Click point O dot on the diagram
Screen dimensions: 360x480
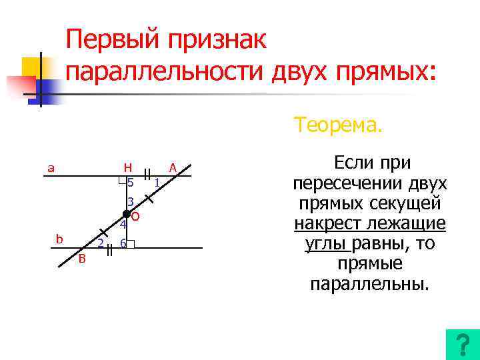pyautogui.click(x=126, y=213)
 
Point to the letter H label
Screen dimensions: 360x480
pyautogui.click(x=127, y=167)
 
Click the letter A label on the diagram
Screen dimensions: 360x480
pyautogui.click(x=172, y=167)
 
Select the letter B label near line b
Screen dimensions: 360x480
pyautogui.click(x=82, y=259)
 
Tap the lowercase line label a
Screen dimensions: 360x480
pyautogui.click(x=51, y=168)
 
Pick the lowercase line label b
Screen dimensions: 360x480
pyautogui.click(x=60, y=239)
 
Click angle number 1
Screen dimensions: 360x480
pyautogui.click(x=155, y=182)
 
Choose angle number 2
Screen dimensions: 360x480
pyautogui.click(x=100, y=243)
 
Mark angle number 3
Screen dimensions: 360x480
pyautogui.click(x=131, y=201)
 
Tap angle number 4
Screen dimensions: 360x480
pyautogui.click(x=123, y=225)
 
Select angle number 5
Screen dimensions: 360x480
pyautogui.click(x=131, y=183)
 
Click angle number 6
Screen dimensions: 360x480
pyautogui.click(x=123, y=243)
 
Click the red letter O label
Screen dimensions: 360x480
pyautogui.click(x=135, y=217)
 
